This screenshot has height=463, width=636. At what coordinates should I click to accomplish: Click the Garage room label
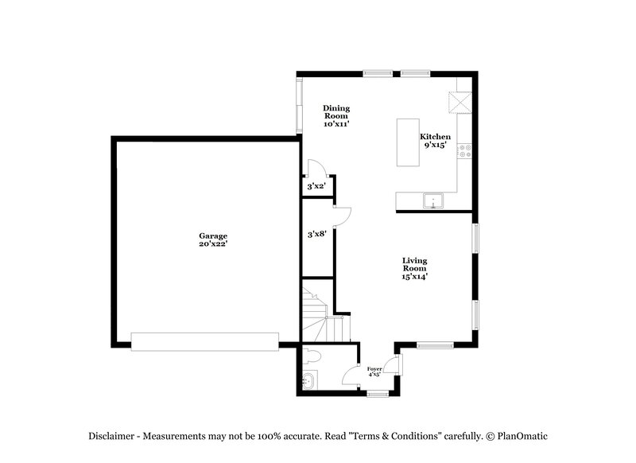(213, 235)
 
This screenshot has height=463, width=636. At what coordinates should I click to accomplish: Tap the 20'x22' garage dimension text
(213, 243)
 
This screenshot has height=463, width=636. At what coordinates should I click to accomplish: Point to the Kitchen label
(435, 137)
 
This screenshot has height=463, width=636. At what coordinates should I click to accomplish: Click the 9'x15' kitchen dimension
(435, 145)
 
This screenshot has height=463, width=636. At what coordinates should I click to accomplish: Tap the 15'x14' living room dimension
(415, 277)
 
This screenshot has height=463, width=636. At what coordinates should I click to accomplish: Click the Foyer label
(374, 368)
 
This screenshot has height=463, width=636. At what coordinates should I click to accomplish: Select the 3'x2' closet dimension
(316, 187)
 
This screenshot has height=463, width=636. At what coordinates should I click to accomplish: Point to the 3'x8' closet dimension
(317, 235)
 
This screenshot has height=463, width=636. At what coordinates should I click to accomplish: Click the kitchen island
(409, 143)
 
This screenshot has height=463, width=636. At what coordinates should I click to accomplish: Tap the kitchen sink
(433, 200)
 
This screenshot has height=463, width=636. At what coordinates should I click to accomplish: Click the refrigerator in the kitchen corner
(460, 101)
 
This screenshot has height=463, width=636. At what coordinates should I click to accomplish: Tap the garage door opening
(204, 341)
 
